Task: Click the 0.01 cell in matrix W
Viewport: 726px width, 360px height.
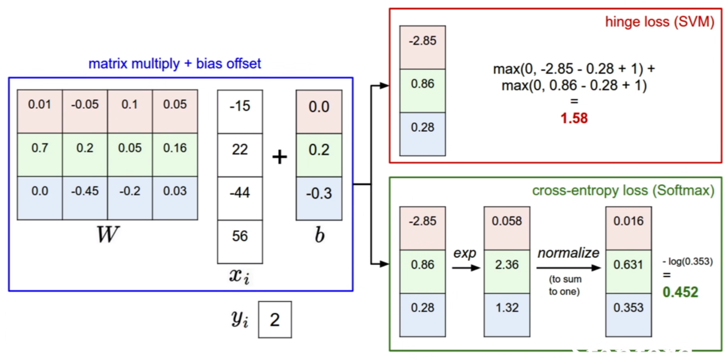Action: [40, 111]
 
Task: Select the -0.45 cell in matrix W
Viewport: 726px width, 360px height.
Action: [85, 198]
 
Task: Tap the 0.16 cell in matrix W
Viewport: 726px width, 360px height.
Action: [175, 155]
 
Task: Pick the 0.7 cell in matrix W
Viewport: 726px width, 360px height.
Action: [40, 155]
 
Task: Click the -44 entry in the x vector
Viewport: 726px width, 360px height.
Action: [240, 198]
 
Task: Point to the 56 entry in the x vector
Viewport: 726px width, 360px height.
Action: [240, 242]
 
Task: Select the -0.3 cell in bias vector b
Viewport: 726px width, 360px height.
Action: [319, 199]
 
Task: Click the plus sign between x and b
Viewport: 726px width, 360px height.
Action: [279, 157]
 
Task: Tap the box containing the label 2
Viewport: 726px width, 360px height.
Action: [275, 320]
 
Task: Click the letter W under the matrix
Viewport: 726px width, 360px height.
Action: [108, 234]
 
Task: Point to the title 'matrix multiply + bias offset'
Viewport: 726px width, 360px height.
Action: [175, 64]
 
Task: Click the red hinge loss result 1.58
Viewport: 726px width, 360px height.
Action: [574, 118]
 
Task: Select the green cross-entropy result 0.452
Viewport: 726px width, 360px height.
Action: [680, 292]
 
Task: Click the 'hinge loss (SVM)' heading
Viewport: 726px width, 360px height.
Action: [660, 22]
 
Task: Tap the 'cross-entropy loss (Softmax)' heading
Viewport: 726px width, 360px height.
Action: [623, 191]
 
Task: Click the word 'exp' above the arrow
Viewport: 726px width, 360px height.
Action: [465, 253]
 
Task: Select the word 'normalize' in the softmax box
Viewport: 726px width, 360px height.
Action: [568, 253]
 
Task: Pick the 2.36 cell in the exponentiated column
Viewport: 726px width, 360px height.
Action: [507, 272]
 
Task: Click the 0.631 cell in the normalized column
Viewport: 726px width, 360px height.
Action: [629, 272]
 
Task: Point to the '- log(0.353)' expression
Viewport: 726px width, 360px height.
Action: [688, 261]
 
